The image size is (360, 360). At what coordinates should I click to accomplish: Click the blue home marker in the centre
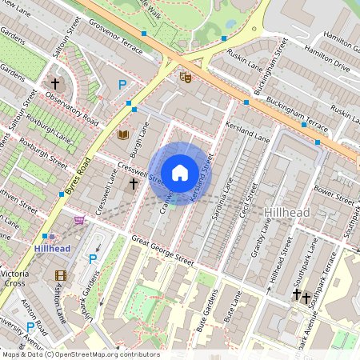(x=180, y=173)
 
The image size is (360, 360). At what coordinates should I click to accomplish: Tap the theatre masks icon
(x=186, y=78)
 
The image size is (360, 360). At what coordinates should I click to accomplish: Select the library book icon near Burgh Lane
(x=123, y=134)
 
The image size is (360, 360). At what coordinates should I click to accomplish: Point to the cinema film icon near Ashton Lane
(x=61, y=275)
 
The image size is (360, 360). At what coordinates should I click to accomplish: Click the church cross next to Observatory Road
(x=56, y=83)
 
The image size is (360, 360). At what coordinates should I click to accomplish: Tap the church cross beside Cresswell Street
(x=134, y=184)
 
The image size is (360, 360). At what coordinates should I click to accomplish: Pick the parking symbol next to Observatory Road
(x=122, y=85)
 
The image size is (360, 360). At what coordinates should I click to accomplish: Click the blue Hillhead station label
(x=52, y=249)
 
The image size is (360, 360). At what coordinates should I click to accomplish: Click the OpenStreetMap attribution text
(x=80, y=354)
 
